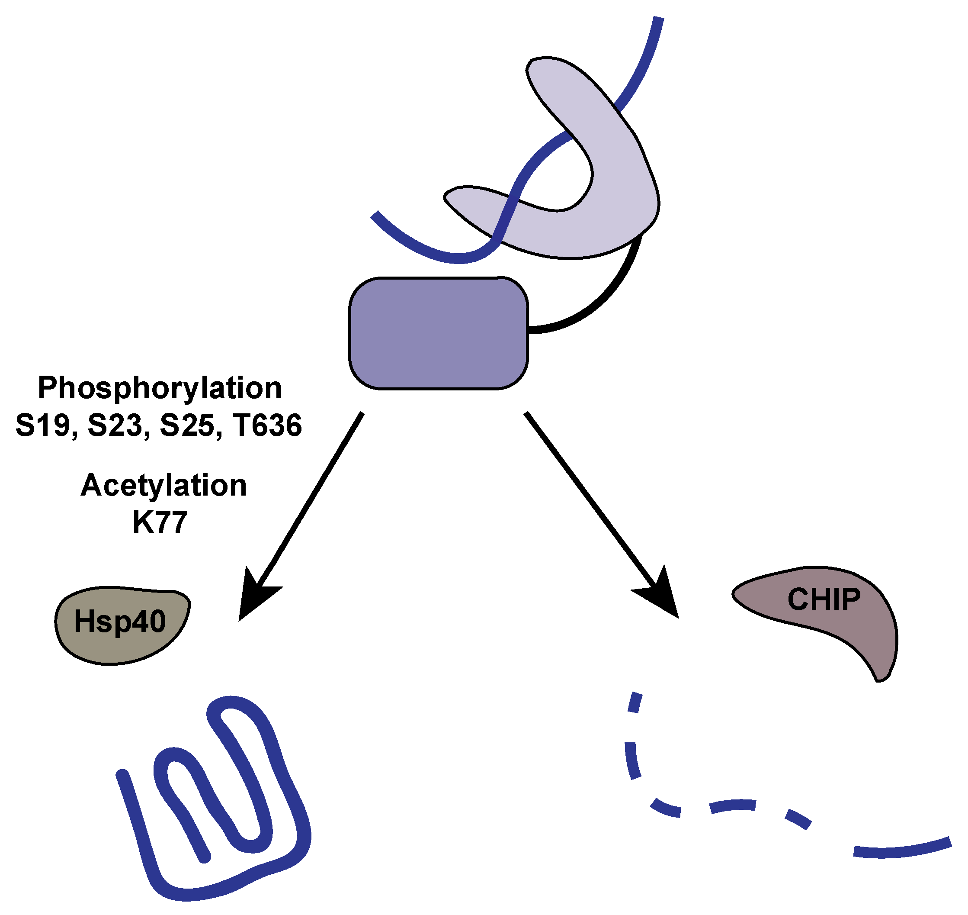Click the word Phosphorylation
point(160,389)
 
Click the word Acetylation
point(164,486)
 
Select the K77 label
point(160,523)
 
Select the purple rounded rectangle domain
point(438,333)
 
